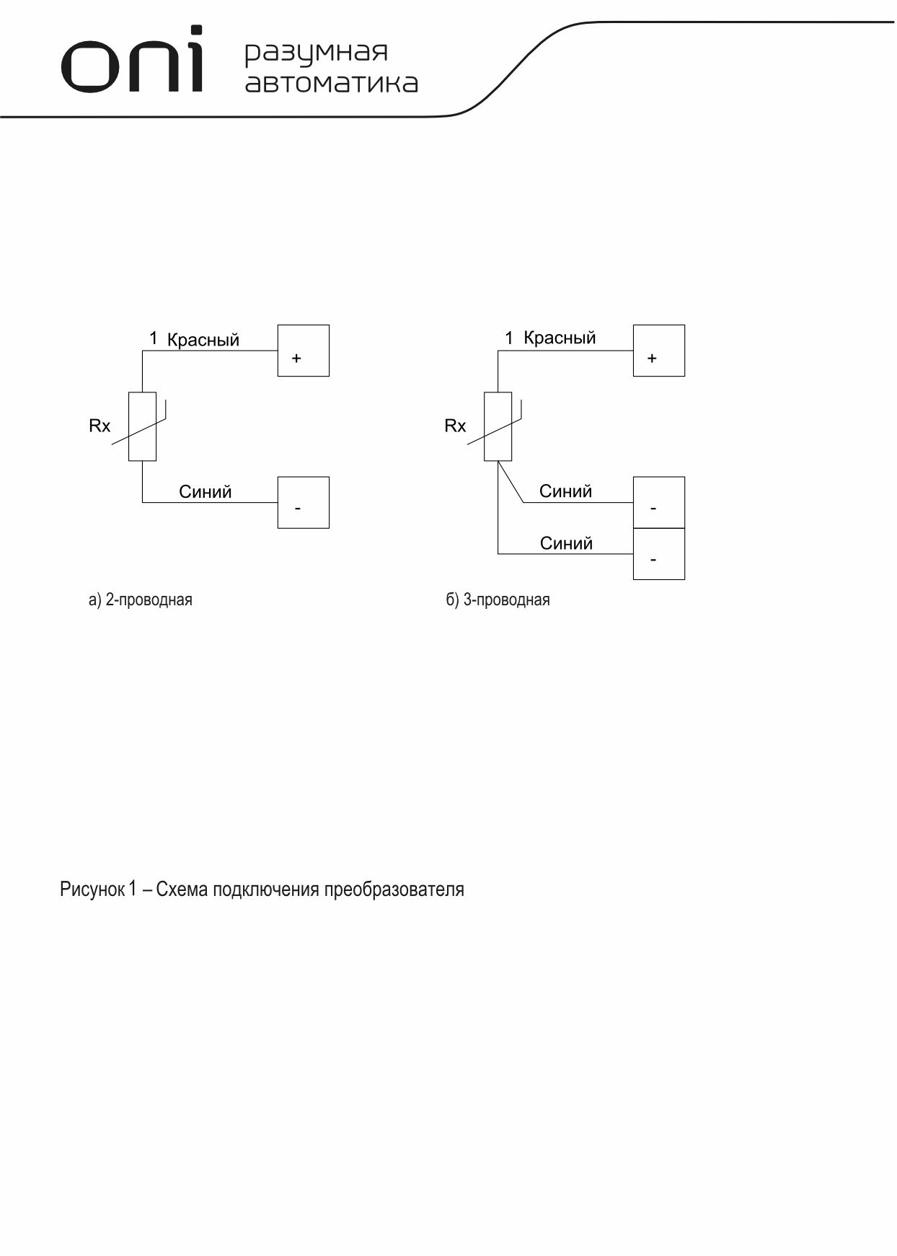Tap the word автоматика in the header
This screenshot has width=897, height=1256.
tap(331, 83)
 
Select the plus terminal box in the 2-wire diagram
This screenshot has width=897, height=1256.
tap(303, 351)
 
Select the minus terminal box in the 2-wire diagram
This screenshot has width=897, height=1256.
tap(303, 502)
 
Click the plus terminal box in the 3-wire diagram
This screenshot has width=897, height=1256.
tap(658, 351)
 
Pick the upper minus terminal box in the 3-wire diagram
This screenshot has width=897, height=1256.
tap(658, 503)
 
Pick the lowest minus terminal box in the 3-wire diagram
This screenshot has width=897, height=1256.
tap(658, 554)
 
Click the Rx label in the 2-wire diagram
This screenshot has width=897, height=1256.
tap(100, 426)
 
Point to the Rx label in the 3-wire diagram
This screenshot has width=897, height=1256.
tap(455, 426)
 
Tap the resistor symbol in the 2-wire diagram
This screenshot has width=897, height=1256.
tap(142, 426)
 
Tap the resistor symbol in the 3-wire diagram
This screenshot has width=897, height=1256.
tap(498, 426)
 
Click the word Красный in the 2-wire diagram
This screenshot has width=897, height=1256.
tap(203, 340)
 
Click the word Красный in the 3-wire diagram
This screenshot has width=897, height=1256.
tap(560, 338)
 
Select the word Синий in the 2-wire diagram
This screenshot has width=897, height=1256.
tap(206, 492)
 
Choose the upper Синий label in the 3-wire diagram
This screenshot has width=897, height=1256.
tap(565, 491)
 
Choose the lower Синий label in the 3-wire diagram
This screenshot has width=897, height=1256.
tap(566, 543)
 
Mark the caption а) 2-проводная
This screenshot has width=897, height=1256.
tap(141, 600)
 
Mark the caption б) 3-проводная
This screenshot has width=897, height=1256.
tap(498, 600)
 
